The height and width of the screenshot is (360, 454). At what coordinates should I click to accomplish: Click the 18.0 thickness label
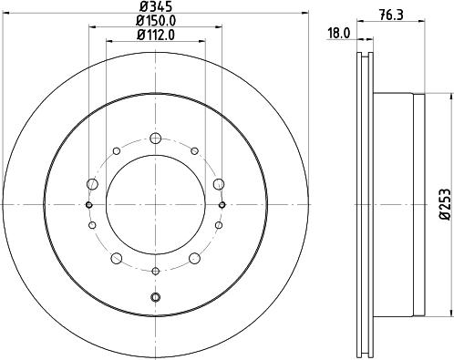(338, 35)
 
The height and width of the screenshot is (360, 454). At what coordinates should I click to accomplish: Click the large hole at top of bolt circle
(155, 139)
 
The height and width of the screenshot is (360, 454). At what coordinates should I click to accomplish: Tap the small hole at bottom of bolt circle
(155, 271)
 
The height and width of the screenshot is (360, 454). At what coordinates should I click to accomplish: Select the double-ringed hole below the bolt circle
(155, 298)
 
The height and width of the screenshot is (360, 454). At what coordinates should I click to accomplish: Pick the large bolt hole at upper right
(219, 184)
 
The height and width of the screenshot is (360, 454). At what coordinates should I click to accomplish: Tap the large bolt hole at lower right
(194, 258)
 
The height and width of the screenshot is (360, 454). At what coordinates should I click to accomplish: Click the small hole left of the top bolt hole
(116, 150)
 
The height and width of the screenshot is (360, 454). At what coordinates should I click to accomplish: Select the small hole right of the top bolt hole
(194, 150)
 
